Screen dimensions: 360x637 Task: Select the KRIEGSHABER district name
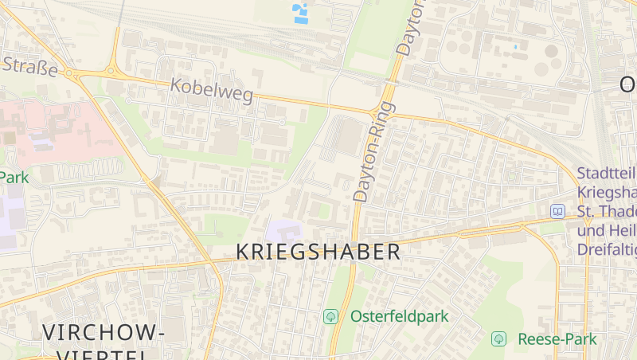(x=318, y=252)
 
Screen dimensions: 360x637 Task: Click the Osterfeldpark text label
(x=399, y=316)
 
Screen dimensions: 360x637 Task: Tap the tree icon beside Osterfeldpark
(x=330, y=316)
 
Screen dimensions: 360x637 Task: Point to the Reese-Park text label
(x=557, y=338)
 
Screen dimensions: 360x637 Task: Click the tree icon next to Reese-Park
(x=498, y=338)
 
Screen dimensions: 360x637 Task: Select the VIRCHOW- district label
(x=104, y=332)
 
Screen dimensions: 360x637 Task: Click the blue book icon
(x=557, y=211)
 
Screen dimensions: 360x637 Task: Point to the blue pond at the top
(x=301, y=14)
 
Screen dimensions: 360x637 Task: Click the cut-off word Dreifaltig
(x=607, y=249)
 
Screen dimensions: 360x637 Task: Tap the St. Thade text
(x=607, y=211)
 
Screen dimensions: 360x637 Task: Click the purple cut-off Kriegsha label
(x=607, y=192)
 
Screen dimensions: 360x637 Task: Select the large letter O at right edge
(x=627, y=84)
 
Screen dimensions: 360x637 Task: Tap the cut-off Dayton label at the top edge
(x=410, y=28)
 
